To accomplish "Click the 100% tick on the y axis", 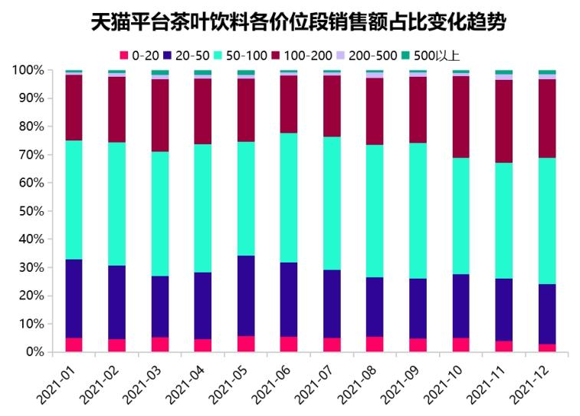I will point(28,71).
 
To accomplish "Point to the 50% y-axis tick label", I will point(31,211).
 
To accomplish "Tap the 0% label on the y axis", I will point(34,352).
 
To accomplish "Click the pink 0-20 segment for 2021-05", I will point(245,344).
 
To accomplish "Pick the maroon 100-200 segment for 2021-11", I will point(503,121).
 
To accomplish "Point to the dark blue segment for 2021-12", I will point(546,314).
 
